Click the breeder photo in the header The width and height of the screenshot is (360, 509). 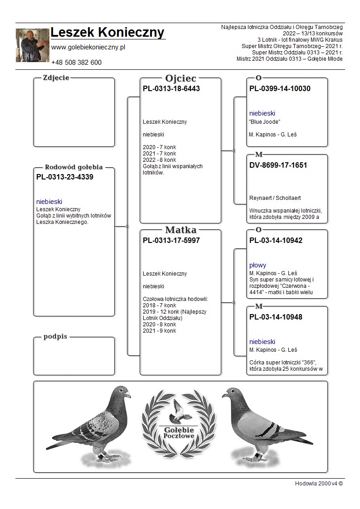(x=33, y=45)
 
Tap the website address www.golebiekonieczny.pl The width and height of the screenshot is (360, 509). (x=88, y=48)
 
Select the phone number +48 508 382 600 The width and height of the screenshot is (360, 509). (x=76, y=63)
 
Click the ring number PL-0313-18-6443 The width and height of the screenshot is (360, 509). (x=171, y=89)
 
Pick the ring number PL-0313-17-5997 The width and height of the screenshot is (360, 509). (x=171, y=241)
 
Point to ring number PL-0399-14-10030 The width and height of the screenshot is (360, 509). (x=280, y=89)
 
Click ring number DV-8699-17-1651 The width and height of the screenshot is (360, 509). (x=278, y=165)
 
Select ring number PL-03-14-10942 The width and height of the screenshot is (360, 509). (x=276, y=241)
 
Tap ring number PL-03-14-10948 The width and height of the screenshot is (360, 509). (x=276, y=317)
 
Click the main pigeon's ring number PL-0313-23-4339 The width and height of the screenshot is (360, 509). (x=64, y=177)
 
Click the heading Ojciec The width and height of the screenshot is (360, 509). (x=180, y=78)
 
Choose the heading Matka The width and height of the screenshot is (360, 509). (x=181, y=230)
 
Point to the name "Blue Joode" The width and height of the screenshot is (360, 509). (x=265, y=122)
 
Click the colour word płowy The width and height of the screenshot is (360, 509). (x=258, y=265)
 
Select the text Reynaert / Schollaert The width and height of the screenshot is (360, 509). (x=275, y=198)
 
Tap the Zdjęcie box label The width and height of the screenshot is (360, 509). (x=56, y=78)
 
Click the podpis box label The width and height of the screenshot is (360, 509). (x=55, y=337)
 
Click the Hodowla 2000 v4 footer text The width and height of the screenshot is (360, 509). (x=319, y=484)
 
